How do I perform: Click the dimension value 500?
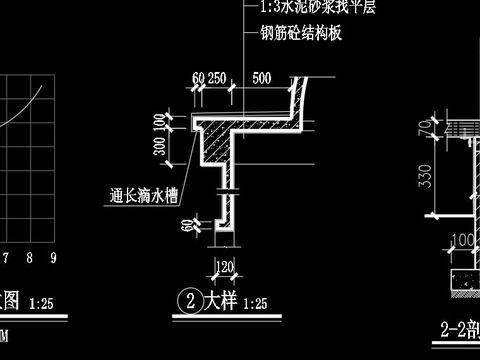coord(262,77)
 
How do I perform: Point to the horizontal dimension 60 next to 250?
coord(196,77)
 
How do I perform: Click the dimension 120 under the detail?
coord(225,267)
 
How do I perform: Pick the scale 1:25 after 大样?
coord(254,301)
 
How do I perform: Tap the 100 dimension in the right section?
coord(462,240)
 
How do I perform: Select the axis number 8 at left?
coord(31,258)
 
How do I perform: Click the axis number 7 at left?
coord(9,258)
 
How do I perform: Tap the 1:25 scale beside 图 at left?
coord(43,301)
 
